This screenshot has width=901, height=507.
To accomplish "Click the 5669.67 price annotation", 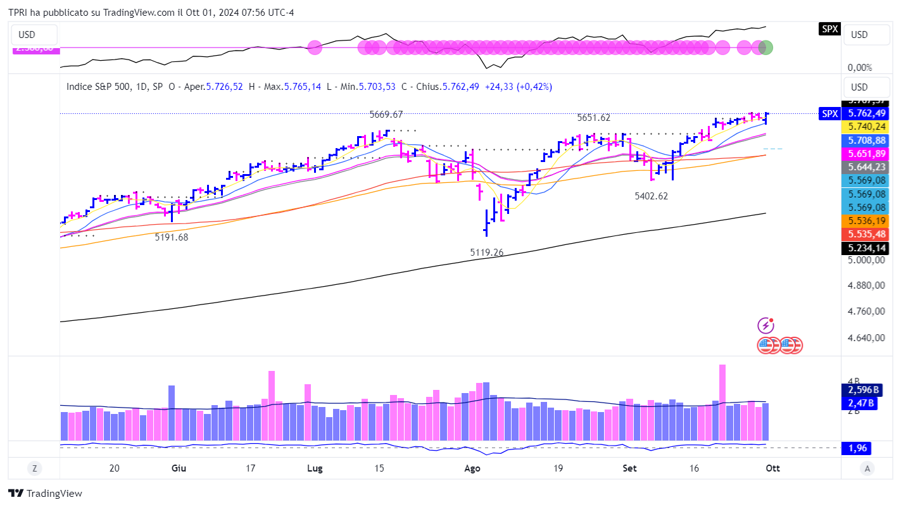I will [x=386, y=115].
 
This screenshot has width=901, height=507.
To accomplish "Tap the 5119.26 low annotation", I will [x=486, y=253].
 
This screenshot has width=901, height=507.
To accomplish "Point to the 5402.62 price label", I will [x=651, y=196].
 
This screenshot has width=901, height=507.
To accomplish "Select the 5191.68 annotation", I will [x=172, y=237].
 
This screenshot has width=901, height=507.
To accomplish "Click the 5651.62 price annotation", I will [x=593, y=118].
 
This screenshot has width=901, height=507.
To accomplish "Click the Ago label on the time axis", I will [x=472, y=468].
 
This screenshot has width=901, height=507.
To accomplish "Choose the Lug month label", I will [x=314, y=468].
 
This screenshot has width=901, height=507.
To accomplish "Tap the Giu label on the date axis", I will [x=179, y=468].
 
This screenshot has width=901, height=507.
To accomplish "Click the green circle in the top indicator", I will [x=766, y=47].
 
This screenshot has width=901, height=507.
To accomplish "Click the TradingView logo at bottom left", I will [x=45, y=494].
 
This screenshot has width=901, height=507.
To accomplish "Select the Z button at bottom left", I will [x=34, y=468].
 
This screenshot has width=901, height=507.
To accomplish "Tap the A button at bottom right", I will [x=867, y=468].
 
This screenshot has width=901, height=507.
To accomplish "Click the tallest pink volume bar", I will [x=722, y=402].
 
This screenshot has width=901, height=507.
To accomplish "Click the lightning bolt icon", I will [x=766, y=326].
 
